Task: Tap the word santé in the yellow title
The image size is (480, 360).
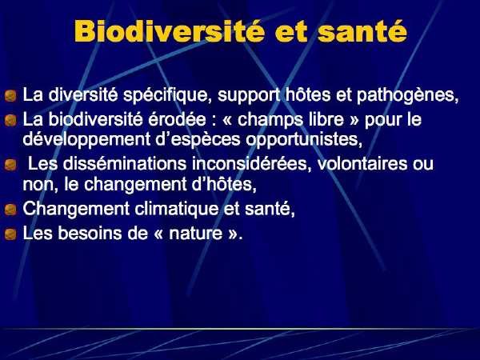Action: (x=362, y=31)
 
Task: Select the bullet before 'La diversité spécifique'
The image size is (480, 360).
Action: (x=10, y=95)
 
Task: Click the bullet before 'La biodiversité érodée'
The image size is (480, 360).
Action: (x=10, y=120)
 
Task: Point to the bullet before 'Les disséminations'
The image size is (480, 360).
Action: (x=10, y=165)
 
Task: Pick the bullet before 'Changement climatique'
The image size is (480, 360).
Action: (x=10, y=210)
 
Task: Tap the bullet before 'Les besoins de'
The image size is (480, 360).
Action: (x=10, y=234)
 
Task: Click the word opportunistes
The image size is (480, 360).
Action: (x=302, y=140)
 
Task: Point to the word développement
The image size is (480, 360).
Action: (x=86, y=140)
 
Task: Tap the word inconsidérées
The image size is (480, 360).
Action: (x=249, y=164)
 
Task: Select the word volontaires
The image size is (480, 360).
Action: (x=362, y=164)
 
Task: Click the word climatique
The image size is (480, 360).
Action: (x=176, y=210)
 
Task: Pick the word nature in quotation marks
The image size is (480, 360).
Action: (x=196, y=234)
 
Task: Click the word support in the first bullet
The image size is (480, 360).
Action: (x=249, y=96)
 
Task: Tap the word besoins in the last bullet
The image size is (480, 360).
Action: (x=90, y=234)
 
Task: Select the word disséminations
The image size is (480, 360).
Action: (x=125, y=164)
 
